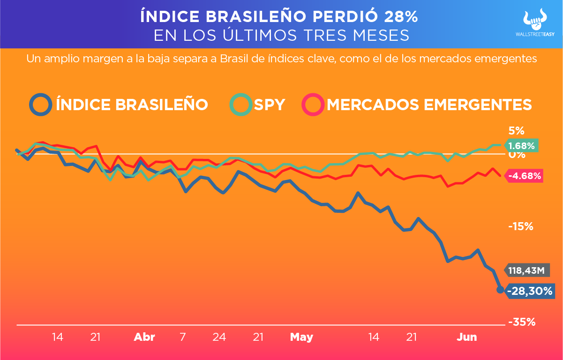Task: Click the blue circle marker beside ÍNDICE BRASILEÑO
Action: (40, 104)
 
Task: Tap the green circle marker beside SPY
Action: (241, 104)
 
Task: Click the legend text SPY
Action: (269, 104)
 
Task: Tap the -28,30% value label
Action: (528, 291)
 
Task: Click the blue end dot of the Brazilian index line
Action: (500, 290)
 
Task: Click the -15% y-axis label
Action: (521, 226)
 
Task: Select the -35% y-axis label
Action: (521, 322)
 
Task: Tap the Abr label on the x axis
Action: (144, 337)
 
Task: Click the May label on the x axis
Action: (301, 337)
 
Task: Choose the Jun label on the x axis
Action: (467, 337)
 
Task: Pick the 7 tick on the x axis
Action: (182, 337)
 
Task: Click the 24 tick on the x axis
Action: (219, 337)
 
